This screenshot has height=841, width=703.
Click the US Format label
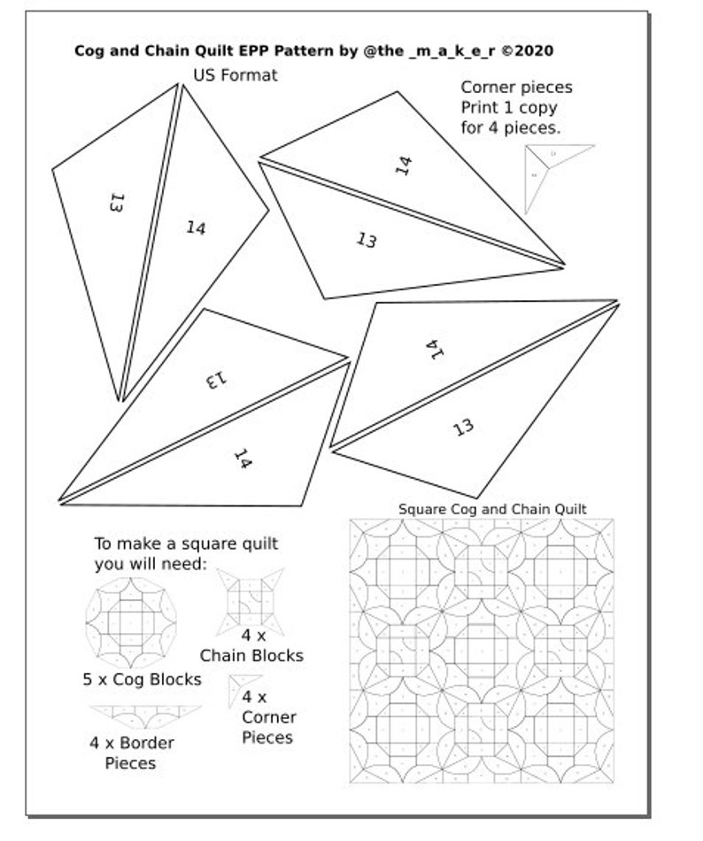point(235,75)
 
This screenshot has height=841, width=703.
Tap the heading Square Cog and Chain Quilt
point(492,509)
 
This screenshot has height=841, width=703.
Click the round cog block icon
point(130,622)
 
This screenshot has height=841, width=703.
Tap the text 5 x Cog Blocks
point(142,680)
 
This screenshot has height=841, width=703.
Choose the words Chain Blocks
point(251,656)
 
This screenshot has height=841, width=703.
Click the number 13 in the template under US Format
point(114,203)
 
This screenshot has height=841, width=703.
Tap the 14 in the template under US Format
point(196,228)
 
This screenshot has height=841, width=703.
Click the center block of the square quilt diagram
point(482,651)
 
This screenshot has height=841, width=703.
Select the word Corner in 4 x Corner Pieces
point(269,717)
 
